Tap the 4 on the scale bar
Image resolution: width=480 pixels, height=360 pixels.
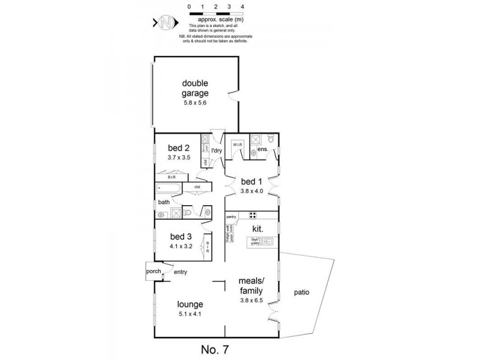[242, 7]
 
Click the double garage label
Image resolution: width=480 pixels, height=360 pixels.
[196, 88]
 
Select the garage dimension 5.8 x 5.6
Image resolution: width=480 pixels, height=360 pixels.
[196, 103]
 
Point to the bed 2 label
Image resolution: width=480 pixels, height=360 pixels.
[179, 148]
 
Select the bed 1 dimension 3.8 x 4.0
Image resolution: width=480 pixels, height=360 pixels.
[252, 191]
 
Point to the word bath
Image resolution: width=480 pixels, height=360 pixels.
[164, 202]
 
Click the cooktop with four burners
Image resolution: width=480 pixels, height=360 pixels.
[253, 216]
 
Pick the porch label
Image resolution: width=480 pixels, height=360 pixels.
[154, 271]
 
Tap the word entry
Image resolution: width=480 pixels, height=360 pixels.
[181, 272]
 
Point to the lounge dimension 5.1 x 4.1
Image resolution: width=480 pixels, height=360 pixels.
[190, 313]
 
